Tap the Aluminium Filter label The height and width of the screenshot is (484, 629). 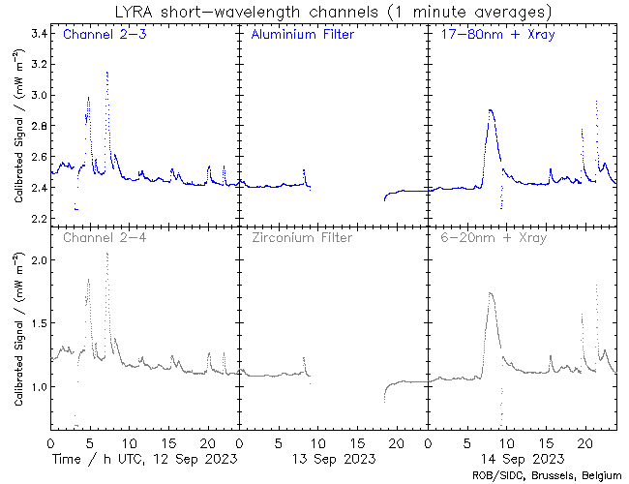pos(302,36)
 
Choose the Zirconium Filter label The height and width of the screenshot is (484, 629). pos(301,237)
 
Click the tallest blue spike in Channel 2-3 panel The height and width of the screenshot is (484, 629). pos(107,74)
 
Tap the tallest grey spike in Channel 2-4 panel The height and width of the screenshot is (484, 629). pos(107,254)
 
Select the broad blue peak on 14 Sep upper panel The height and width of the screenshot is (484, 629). pos(492,112)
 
